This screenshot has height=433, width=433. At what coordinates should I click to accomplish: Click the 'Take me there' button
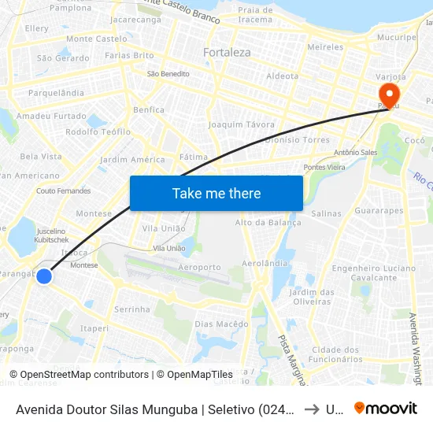coord(216,193)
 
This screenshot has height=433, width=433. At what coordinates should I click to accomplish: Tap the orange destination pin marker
coord(389,95)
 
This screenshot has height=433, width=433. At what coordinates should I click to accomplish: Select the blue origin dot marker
coord(44,276)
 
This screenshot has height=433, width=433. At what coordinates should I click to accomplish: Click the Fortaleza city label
coord(227,53)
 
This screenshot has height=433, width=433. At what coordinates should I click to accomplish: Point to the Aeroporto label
coord(200,268)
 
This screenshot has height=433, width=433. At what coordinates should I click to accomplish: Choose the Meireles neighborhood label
coord(326,47)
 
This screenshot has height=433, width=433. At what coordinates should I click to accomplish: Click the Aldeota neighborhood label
coord(283,76)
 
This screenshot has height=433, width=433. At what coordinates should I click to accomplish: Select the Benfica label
coord(149,110)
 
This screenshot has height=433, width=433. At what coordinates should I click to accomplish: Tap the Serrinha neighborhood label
coord(132,309)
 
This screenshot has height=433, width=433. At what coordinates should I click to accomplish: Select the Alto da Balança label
coord(268,223)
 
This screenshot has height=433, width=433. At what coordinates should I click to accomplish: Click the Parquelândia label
coord(56,93)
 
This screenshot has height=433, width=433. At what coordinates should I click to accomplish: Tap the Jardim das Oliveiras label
coord(309,298)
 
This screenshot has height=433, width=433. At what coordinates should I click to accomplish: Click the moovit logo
coord(386,408)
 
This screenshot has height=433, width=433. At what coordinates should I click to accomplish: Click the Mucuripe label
coord(397,37)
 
